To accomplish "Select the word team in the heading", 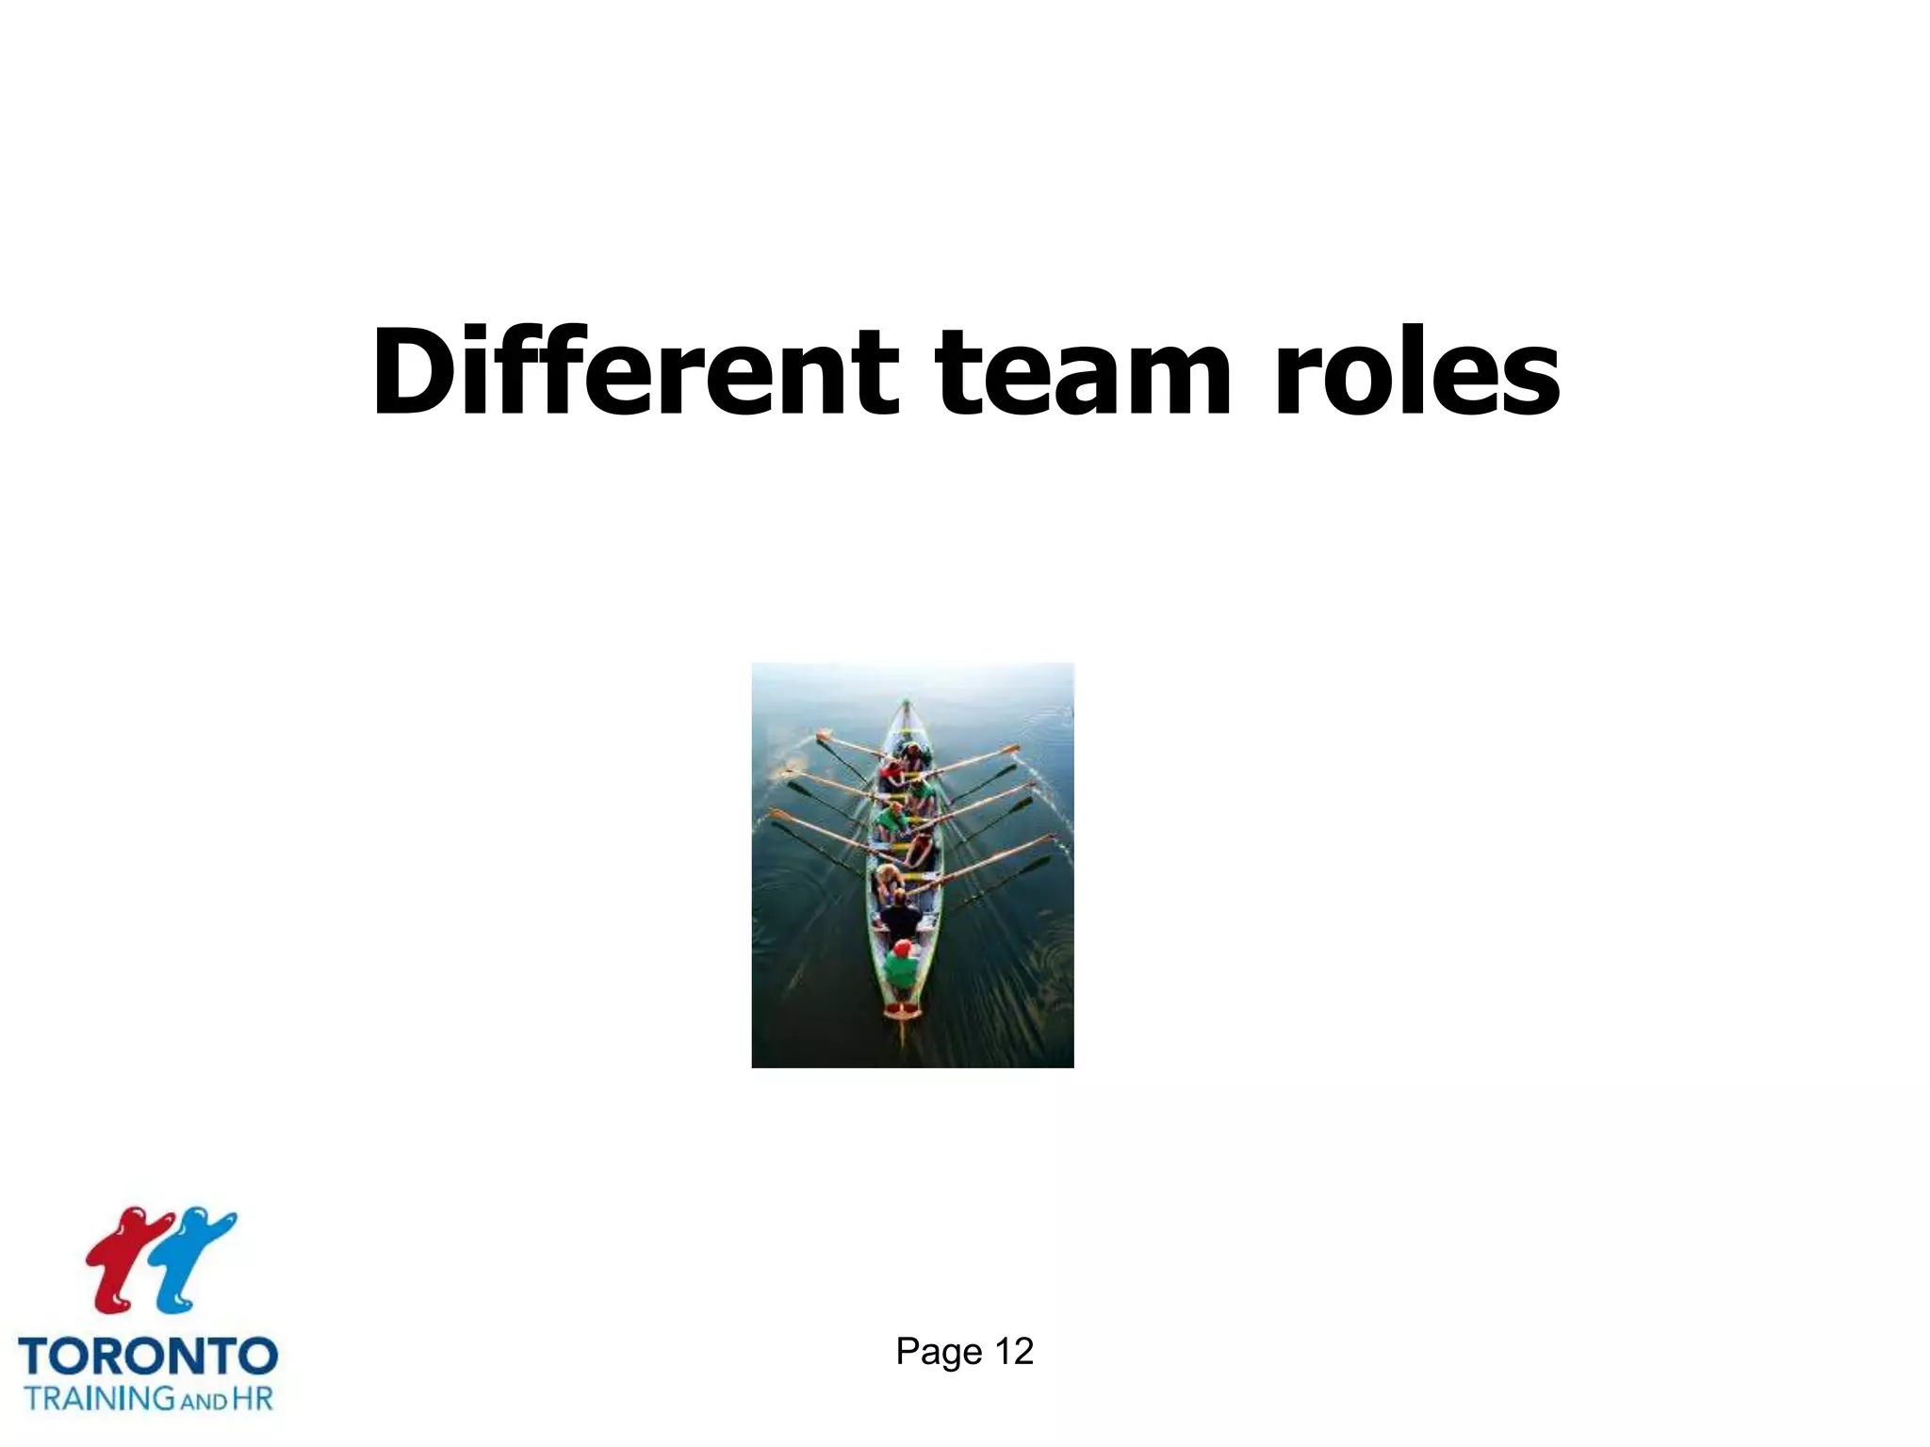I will (1084, 374).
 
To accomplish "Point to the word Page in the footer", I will (939, 1352).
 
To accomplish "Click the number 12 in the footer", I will (1014, 1352).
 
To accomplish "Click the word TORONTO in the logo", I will (148, 1358).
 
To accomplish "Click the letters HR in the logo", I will (252, 1397).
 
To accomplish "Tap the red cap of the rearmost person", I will (903, 947).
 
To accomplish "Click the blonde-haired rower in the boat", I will (888, 876).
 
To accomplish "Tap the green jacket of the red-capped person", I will (902, 970).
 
